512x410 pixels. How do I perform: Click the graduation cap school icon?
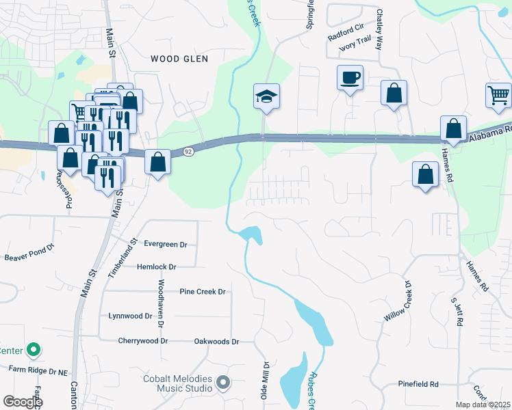pyautogui.click(x=266, y=97)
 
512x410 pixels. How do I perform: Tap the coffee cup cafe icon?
pyautogui.click(x=350, y=78)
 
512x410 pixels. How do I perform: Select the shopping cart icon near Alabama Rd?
pyautogui.click(x=499, y=96)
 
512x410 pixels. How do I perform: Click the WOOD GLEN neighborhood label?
pyautogui.click(x=179, y=59)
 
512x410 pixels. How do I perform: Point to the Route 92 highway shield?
pyautogui.click(x=188, y=151)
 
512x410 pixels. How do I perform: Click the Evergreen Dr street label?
pyautogui.click(x=165, y=244)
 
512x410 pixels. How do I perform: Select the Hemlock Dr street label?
pyautogui.click(x=156, y=267)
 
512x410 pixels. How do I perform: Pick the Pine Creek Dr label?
pyautogui.click(x=202, y=292)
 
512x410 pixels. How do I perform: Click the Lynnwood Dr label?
pyautogui.click(x=130, y=316)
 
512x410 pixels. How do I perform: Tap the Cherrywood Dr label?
pyautogui.click(x=143, y=340)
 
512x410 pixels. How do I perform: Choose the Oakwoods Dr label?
pyautogui.click(x=216, y=341)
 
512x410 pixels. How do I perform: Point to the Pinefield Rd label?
pyautogui.click(x=415, y=385)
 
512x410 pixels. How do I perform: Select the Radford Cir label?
pyautogui.click(x=345, y=29)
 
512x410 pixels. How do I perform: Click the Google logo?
pyautogui.click(x=23, y=402)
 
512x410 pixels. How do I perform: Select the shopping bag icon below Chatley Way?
pyautogui.click(x=394, y=94)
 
